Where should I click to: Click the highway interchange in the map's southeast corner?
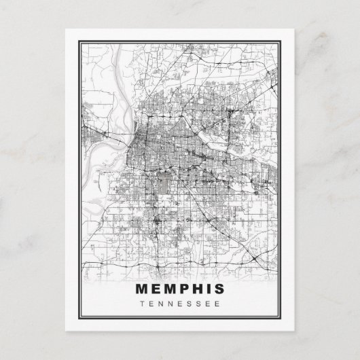[253, 259]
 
